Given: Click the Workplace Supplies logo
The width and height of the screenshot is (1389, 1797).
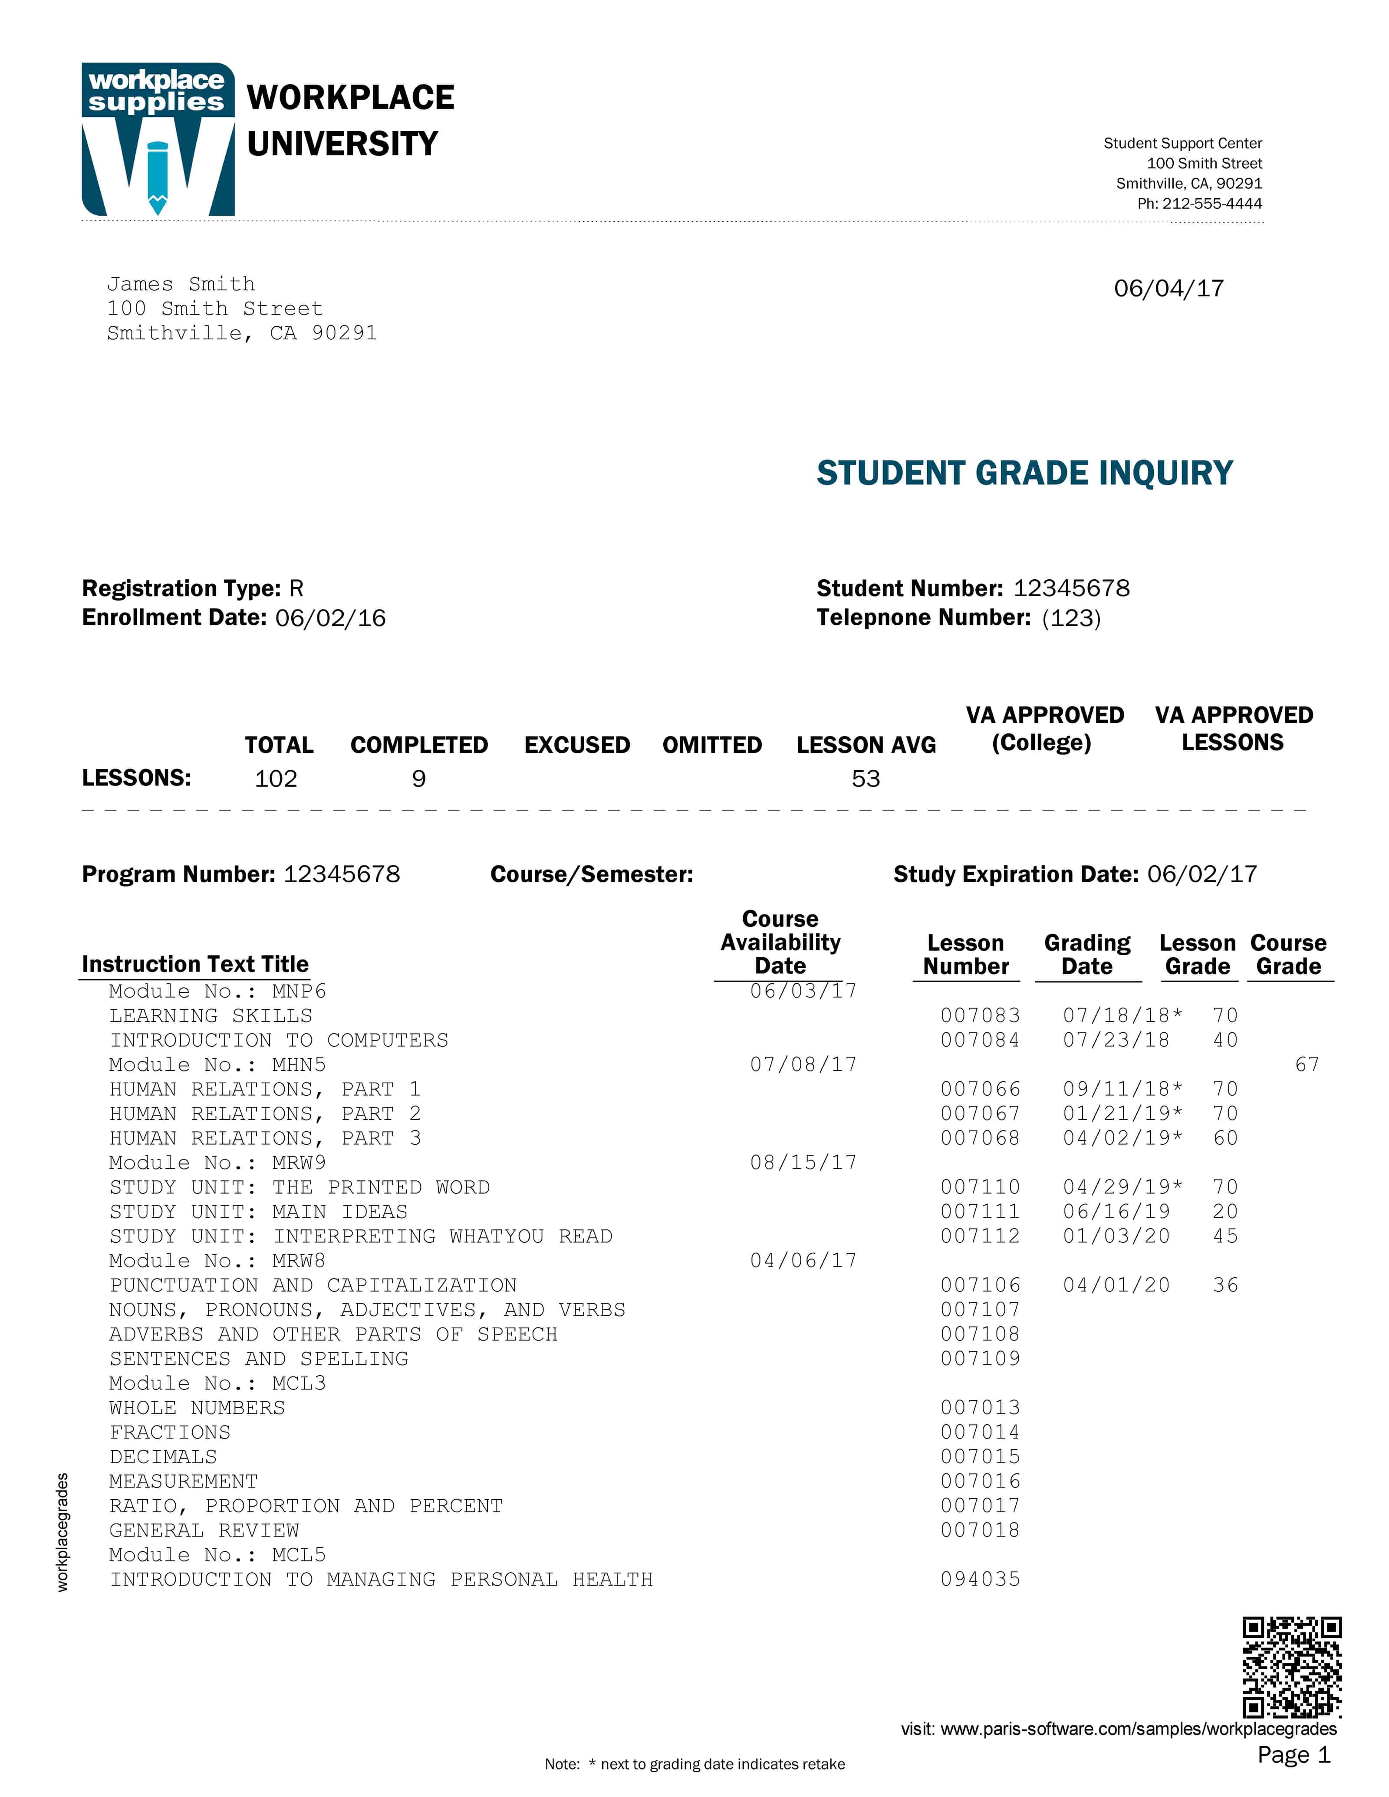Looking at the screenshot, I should (158, 139).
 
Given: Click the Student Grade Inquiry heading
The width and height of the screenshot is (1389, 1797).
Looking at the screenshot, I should (1024, 473).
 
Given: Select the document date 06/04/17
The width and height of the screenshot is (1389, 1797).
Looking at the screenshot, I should (1168, 289).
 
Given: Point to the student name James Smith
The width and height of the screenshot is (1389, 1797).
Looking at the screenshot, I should (181, 284).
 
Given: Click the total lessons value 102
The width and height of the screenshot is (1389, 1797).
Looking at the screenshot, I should (276, 779).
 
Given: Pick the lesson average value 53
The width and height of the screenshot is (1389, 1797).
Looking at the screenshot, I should (866, 779).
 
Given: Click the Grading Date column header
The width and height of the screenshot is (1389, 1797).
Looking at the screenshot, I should (1087, 954).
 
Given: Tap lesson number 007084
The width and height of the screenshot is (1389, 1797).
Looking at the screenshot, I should (980, 1040).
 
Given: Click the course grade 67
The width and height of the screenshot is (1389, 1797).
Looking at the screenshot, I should (1307, 1065).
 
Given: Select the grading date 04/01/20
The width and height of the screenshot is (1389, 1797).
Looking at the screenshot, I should (1116, 1285).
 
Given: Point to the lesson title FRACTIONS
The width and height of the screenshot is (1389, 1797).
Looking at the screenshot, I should (170, 1432).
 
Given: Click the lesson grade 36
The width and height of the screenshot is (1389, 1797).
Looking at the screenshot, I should (1225, 1285).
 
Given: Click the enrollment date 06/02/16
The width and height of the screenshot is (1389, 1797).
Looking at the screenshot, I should (331, 618).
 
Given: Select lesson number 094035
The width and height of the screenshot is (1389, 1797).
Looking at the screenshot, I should (980, 1579).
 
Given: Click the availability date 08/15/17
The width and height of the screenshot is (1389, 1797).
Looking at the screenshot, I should (803, 1163).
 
